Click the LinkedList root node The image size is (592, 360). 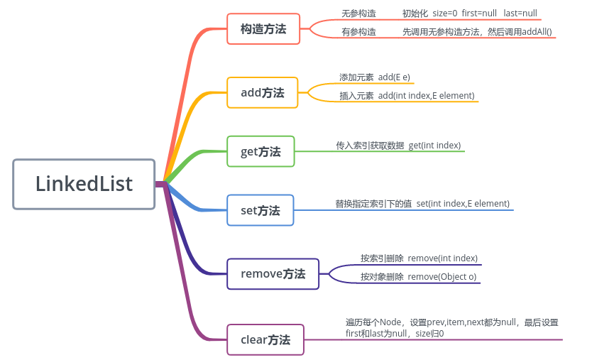84,184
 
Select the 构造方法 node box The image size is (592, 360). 263,29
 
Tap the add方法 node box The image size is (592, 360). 263,92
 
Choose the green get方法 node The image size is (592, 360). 261,151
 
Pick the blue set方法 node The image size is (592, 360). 261,210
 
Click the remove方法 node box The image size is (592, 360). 273,273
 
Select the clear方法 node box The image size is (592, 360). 265,339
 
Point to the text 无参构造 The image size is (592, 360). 358,13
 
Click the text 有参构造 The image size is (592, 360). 358,32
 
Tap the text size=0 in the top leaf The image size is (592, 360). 445,13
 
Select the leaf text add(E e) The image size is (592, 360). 394,77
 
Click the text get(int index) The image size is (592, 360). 434,145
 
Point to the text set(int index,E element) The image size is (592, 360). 463,204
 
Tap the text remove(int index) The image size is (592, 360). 442,258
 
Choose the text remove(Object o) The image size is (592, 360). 442,276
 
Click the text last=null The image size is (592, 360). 520,13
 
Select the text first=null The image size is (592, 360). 480,13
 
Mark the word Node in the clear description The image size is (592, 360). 391,322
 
